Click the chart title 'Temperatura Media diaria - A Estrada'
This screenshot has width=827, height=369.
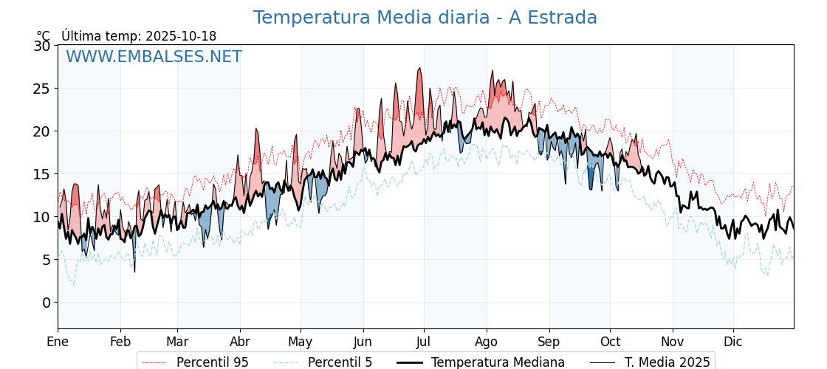coord(425,18)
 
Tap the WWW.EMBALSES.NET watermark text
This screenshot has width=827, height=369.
coord(154,57)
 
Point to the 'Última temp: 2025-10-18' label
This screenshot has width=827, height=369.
coord(139,36)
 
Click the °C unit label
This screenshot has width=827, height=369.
coord(44,36)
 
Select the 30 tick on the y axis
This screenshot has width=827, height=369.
coord(42,46)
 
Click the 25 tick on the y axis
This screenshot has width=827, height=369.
coord(42,89)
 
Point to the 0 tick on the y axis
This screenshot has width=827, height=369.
coord(47,303)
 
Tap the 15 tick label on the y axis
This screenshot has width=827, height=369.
coord(42,174)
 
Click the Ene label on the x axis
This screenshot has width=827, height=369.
coord(58,342)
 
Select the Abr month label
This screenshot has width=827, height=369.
coord(240,342)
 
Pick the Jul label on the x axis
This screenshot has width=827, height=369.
coord(424,342)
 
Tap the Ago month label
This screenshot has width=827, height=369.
coord(487,342)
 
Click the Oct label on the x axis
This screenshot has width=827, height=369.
coord(610,342)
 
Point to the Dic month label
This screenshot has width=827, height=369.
coord(733,342)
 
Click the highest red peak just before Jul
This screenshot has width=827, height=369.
coord(419,69)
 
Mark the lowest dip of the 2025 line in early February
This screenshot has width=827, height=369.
coord(134,272)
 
